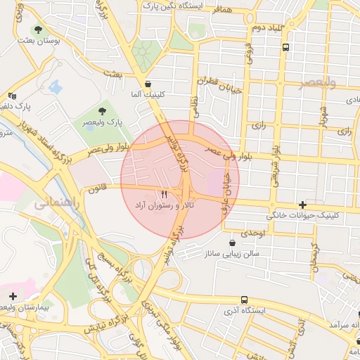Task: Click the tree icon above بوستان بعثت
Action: point(38,30)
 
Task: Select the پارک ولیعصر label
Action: point(103,122)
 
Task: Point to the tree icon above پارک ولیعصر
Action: point(103,110)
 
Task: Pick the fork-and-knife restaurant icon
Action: point(165,193)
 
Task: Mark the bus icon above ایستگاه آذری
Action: point(243,299)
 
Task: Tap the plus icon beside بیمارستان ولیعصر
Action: point(13,296)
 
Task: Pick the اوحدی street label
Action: point(252,232)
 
